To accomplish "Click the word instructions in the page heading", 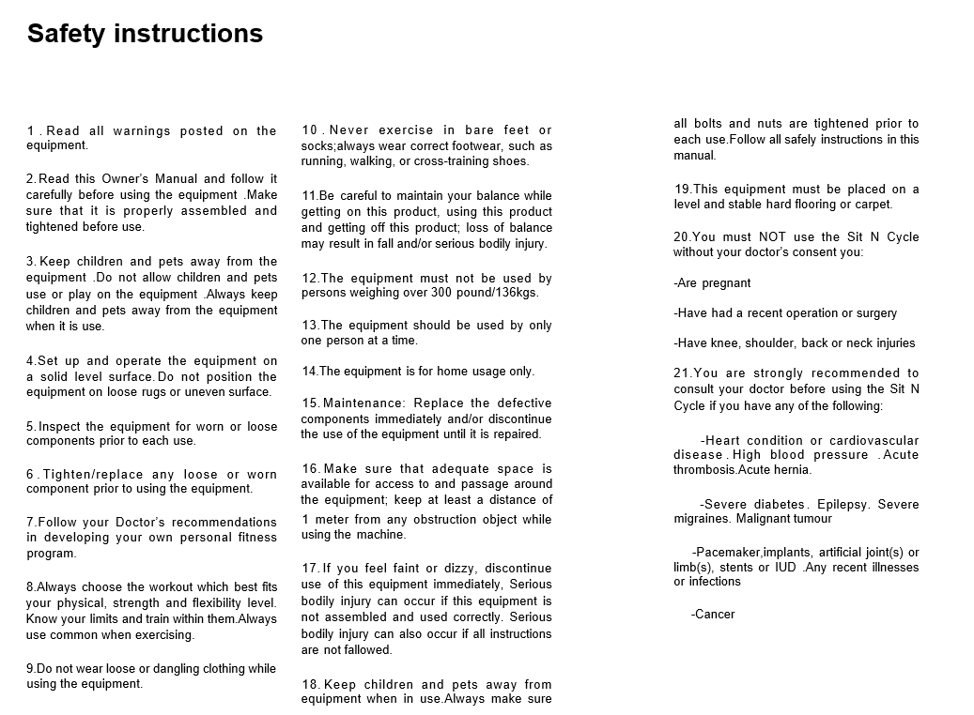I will tap(188, 34).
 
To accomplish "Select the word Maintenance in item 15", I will tap(365, 403).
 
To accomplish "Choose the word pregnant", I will tap(727, 283).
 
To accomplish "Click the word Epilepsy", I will tap(843, 504).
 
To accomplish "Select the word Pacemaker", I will tap(729, 552).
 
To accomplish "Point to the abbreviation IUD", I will tap(786, 567).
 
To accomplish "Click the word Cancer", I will tap(715, 615).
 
